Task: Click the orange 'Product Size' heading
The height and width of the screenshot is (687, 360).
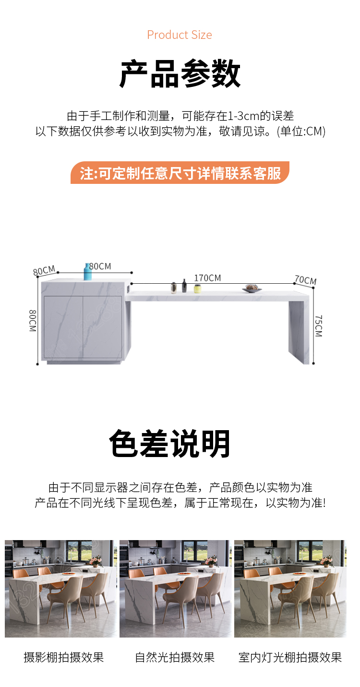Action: (x=180, y=35)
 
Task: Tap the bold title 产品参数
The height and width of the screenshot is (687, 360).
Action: (x=180, y=73)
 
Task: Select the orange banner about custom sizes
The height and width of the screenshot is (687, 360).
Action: (x=180, y=173)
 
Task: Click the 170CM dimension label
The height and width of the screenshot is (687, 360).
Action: (x=207, y=278)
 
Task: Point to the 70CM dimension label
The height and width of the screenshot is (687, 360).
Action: (x=305, y=280)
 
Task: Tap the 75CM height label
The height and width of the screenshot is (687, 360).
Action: (x=319, y=325)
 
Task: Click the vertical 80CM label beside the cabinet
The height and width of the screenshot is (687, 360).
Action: (x=33, y=321)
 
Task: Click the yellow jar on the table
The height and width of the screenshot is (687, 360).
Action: (x=197, y=289)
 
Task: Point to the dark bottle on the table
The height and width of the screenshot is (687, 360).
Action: (x=184, y=286)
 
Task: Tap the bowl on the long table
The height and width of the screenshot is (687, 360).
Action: (x=252, y=289)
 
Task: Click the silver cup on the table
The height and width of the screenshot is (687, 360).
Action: (x=174, y=288)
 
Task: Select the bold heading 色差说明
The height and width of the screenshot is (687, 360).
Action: (x=169, y=444)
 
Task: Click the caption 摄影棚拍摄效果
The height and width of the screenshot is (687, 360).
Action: (x=64, y=657)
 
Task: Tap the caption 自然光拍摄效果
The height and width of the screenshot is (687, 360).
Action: (x=175, y=657)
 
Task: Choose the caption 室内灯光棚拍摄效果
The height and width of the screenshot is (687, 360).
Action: (x=290, y=657)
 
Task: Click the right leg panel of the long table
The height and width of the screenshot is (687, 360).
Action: (x=299, y=331)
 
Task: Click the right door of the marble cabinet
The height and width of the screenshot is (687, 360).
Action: (x=102, y=326)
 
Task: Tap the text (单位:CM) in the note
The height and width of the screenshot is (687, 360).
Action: (x=301, y=131)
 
